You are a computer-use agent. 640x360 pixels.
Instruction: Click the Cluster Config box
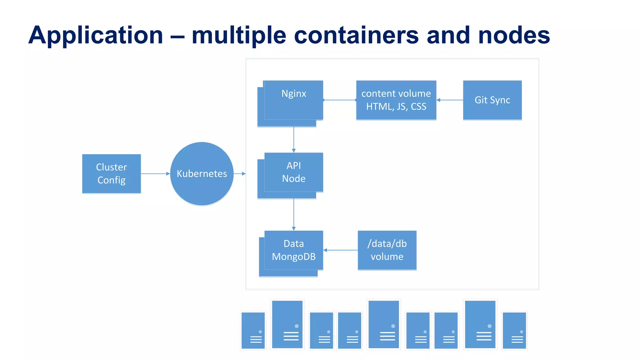[111, 173]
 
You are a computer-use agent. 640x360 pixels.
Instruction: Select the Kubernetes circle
[202, 173]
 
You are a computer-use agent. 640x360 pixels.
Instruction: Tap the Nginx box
[293, 100]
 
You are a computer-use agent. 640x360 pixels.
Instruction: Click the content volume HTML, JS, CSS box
[396, 100]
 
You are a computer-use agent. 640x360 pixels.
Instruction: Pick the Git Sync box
[492, 100]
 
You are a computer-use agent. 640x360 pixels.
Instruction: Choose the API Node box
[293, 172]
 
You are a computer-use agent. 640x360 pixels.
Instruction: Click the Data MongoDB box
[293, 250]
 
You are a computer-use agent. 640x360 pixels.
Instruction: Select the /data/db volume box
[387, 250]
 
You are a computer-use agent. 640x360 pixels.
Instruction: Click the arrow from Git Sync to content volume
[450, 100]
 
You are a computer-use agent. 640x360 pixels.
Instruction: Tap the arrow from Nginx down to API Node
[293, 139]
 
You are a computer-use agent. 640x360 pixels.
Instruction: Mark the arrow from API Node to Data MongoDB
[293, 214]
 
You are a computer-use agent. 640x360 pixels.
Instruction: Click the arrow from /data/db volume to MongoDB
[341, 250]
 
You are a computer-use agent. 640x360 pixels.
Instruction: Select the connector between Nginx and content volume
[340, 100]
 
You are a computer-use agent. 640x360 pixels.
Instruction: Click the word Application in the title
[96, 35]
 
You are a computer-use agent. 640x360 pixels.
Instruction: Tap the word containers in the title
[356, 35]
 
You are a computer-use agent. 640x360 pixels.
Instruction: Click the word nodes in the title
[514, 35]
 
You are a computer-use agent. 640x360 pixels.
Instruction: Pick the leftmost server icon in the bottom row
[253, 330]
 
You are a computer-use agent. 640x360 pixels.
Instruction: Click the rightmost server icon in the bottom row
[514, 330]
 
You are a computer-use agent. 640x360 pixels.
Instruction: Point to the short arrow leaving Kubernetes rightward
[240, 173]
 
